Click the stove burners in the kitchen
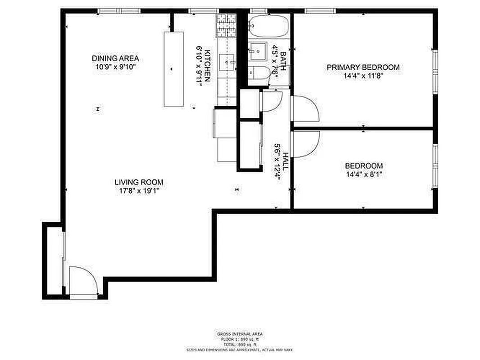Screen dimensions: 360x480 tap(226, 25)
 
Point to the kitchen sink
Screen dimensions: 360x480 tap(227, 61)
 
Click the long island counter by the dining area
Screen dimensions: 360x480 tap(173, 69)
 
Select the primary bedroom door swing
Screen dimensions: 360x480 tap(305, 108)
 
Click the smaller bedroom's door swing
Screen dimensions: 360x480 tap(305, 144)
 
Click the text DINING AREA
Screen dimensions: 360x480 tap(115, 58)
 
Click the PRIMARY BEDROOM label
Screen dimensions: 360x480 tap(363, 67)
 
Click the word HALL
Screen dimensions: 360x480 tap(285, 162)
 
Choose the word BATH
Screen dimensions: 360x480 tap(283, 60)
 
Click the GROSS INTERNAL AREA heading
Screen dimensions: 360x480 tap(240, 334)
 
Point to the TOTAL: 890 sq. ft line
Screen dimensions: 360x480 tap(240, 344)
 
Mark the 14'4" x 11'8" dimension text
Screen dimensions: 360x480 tap(363, 76)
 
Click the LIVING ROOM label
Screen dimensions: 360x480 tap(139, 182)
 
